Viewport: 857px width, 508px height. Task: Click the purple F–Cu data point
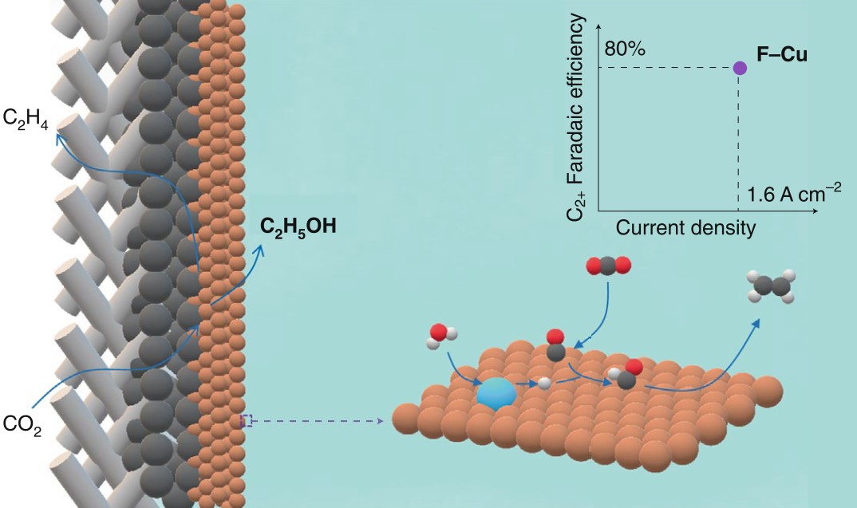point(740,68)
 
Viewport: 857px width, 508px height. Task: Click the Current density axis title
point(685,229)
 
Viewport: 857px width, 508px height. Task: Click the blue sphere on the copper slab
point(496,393)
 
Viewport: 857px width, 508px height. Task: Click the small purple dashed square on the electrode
point(247,420)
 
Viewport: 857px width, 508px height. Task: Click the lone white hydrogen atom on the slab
point(545,383)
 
